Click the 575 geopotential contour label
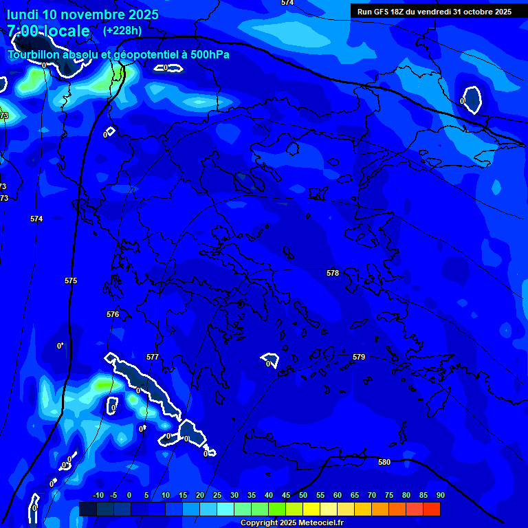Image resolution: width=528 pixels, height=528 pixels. pos(71,281)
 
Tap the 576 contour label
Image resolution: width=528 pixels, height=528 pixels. pos(113,314)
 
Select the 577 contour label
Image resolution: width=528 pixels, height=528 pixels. pos(153,357)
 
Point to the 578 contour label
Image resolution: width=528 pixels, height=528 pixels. pos(333,273)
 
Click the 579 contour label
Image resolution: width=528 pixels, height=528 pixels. pos(359,357)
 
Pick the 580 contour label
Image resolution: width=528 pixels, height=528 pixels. pos(384,462)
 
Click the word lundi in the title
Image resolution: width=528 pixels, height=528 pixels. pos(24,14)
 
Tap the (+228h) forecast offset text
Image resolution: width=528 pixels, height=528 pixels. pos(122,30)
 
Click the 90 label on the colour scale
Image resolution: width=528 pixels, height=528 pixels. pos(440,495)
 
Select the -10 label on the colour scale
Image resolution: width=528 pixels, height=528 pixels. pos(98,495)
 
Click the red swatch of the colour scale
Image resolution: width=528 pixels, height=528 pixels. pos(432,509)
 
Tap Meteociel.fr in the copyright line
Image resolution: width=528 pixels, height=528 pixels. pos(317,523)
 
